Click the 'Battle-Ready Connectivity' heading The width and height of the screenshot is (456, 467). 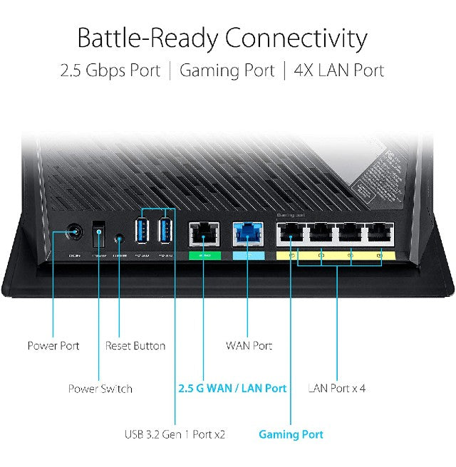(222, 37)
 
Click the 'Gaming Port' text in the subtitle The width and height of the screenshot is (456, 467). (227, 70)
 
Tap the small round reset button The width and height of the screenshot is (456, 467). (120, 234)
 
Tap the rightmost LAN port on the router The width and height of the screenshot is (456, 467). (379, 234)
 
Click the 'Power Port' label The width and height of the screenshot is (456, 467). (53, 346)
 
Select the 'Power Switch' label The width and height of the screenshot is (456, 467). (100, 389)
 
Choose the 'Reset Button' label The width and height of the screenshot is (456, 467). (135, 346)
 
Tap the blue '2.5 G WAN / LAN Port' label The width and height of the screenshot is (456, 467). (232, 389)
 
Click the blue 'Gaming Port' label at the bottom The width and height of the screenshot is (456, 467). (291, 434)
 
